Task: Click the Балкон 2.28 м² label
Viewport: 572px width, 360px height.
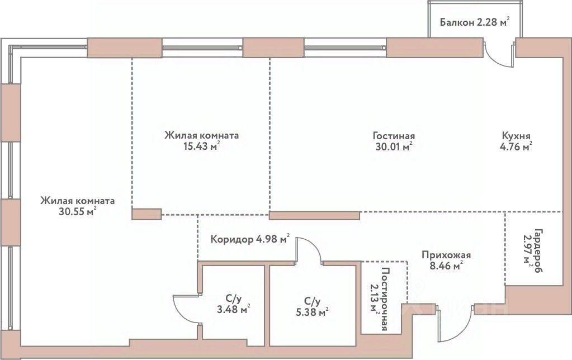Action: point(474,22)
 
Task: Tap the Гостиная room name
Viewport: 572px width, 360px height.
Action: point(394,136)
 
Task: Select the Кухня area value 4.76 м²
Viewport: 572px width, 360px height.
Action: point(516,147)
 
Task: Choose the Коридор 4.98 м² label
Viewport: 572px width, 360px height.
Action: point(250,240)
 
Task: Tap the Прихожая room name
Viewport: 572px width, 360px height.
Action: point(446,255)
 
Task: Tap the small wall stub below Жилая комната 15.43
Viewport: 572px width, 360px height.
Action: point(146,212)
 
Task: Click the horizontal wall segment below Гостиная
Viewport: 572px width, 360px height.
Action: point(314,215)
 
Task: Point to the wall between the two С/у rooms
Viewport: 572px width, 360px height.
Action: point(267,302)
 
